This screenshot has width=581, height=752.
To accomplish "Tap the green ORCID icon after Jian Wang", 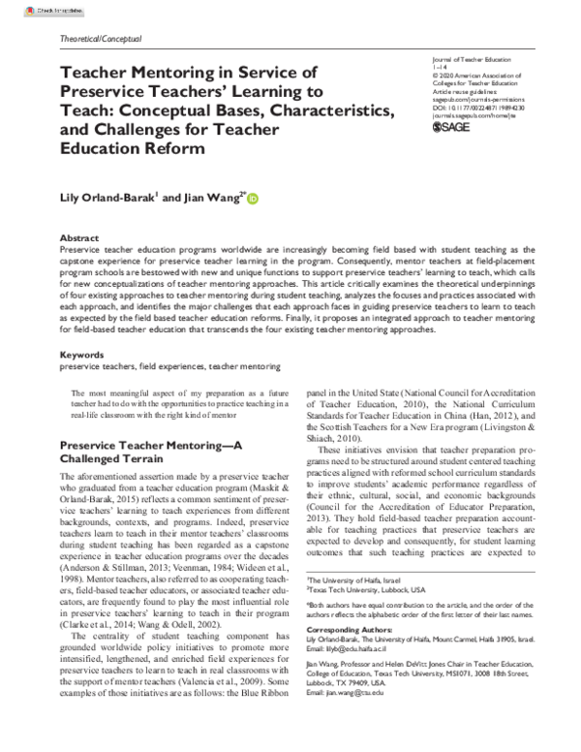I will pos(254,200).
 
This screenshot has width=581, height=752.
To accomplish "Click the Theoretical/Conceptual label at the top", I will pos(101,40).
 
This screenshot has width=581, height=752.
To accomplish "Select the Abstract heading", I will pos(79,237).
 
